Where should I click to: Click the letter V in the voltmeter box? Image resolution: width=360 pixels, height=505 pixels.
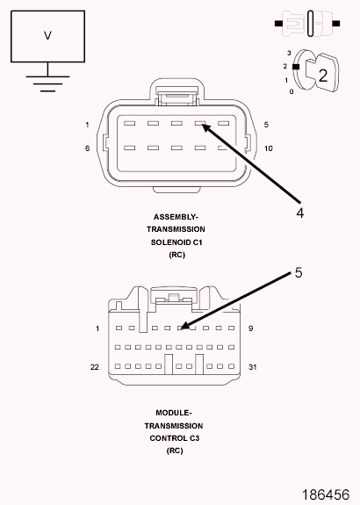47,35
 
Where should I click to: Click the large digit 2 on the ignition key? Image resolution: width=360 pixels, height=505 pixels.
322,76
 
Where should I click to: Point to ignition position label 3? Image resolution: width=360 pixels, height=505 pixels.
289,53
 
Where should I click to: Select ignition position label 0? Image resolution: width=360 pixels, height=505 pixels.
292,92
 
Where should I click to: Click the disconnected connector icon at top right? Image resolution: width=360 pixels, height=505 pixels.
307,23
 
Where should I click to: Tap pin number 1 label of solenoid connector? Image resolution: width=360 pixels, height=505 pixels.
87,125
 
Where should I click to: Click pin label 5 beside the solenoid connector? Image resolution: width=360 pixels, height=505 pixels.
266,125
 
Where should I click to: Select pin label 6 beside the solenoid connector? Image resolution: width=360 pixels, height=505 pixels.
87,148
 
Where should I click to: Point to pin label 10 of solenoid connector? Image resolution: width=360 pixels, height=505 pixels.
268,148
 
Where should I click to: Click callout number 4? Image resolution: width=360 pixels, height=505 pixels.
299,213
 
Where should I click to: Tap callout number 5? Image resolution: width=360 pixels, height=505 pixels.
299,273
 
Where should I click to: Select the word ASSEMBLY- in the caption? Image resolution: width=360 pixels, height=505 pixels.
176,217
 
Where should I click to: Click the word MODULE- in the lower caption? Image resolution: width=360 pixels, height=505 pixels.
174,413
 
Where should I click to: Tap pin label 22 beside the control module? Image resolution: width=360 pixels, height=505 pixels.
94,367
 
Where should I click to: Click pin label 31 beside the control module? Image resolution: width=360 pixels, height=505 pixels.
253,367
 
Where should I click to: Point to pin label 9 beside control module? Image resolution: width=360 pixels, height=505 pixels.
250,328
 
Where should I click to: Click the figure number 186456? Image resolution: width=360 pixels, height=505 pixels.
326,494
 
